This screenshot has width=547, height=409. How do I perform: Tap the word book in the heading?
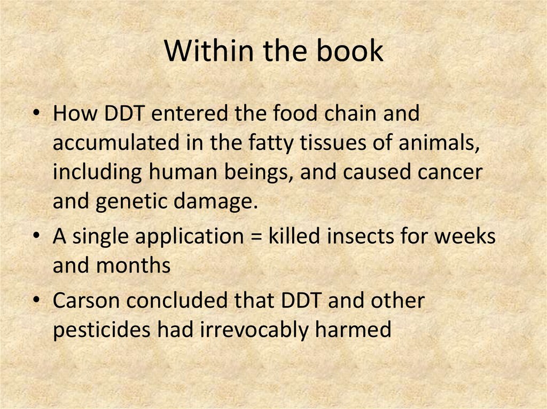pos(350,52)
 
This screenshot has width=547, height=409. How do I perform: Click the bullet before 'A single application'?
pos(36,237)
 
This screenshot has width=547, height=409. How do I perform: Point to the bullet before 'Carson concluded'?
pos(36,301)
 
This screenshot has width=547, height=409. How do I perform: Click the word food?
pos(290,115)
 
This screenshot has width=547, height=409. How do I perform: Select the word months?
pos(134,266)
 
